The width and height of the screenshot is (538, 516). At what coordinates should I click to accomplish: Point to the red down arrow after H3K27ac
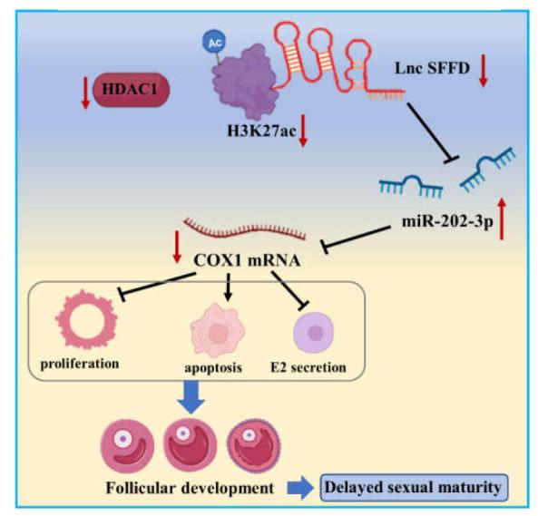coord(304,131)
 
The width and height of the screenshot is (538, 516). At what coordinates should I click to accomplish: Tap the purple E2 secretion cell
coord(315,333)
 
